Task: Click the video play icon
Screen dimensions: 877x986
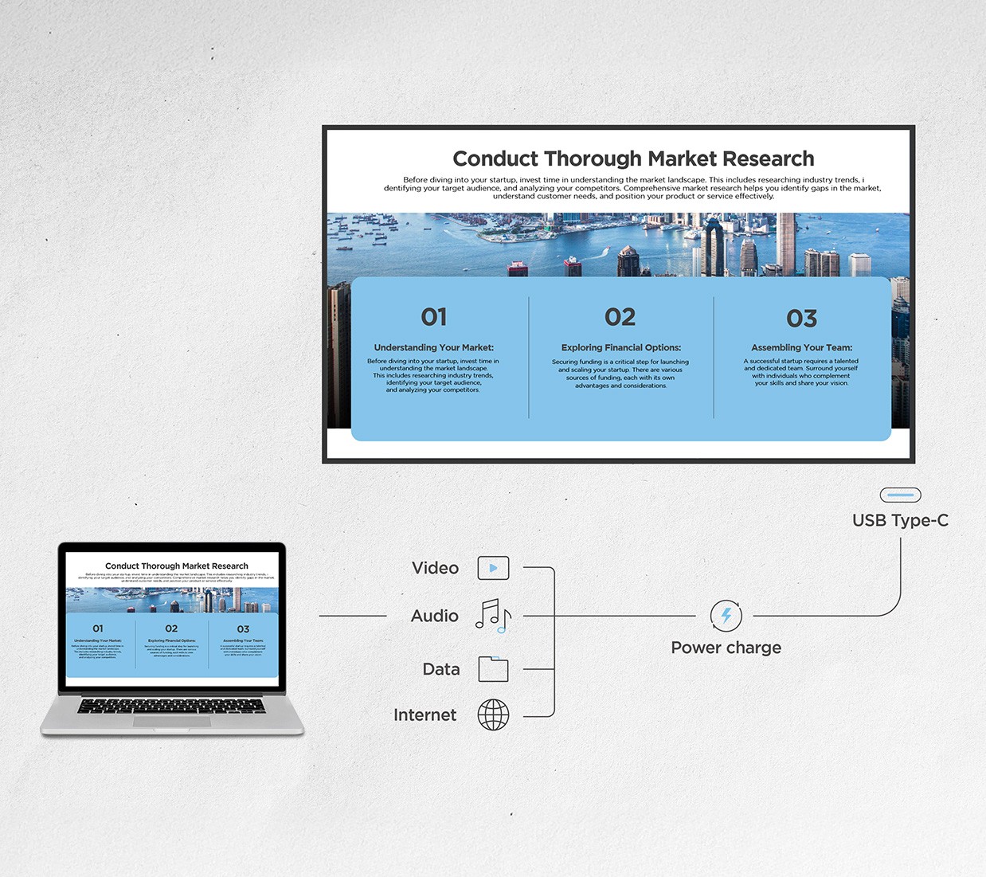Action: pos(493,568)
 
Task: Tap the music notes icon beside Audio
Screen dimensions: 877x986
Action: pos(493,616)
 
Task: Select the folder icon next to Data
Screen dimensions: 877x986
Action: pos(493,669)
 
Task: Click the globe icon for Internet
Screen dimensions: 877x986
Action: pos(493,715)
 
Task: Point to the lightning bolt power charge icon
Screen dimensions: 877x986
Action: pos(726,616)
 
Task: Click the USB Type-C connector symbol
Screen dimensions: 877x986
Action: pos(900,495)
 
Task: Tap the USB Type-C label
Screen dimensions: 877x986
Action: pos(900,520)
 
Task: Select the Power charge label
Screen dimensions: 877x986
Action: pos(726,648)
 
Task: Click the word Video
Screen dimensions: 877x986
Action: pos(435,568)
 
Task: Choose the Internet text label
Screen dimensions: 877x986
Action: pos(425,715)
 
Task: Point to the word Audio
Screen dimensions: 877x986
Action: pos(434,616)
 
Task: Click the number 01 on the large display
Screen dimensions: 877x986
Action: pos(434,317)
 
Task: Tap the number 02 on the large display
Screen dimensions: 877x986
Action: pos(620,317)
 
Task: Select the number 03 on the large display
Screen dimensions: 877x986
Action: pos(801,319)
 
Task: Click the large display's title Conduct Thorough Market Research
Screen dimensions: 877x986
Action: pos(633,159)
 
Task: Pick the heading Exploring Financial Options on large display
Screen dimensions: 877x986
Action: pos(620,347)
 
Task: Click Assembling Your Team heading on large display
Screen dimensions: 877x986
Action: pos(801,347)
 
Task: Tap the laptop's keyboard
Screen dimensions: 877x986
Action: pos(171,706)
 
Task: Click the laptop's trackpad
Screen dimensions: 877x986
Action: pos(171,722)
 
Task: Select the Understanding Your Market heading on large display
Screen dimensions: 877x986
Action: pos(433,347)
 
